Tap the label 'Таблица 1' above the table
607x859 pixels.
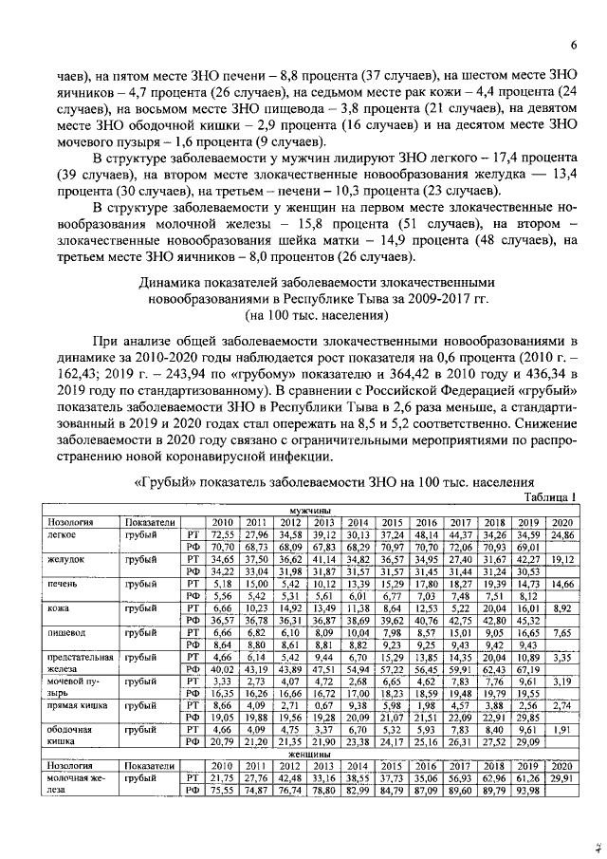pos(550,497)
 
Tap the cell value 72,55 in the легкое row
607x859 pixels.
pos(222,535)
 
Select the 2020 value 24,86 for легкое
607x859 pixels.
pos(561,535)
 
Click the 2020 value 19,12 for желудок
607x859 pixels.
pos(561,560)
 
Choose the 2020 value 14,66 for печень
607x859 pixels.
pos(561,584)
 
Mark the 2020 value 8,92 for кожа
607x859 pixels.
pos(561,607)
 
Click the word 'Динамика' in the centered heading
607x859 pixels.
pos(172,282)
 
